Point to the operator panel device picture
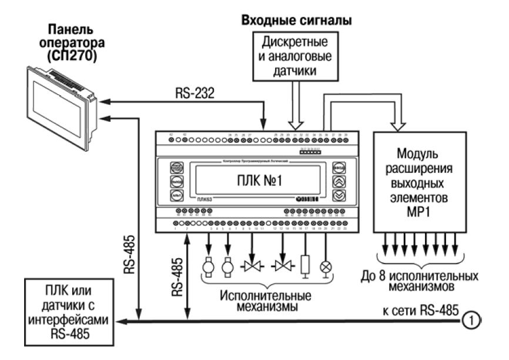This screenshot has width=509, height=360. point(56,104)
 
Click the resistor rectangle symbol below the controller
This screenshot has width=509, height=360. point(305,264)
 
